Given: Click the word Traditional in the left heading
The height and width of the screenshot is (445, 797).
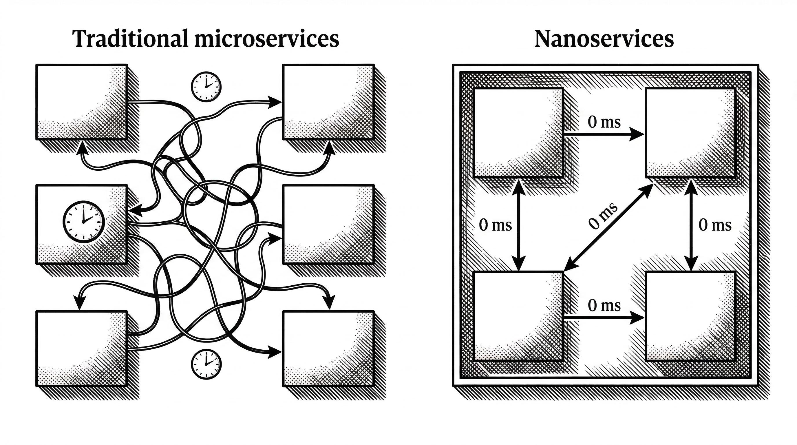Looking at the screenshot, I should point(130,39).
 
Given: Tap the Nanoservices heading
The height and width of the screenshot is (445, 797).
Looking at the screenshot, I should point(604,39).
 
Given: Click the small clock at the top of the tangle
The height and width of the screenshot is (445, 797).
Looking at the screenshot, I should point(206,87).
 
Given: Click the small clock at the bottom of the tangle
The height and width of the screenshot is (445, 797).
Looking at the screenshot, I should point(206,364).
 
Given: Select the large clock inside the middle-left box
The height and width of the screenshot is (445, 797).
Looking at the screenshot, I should point(83,222).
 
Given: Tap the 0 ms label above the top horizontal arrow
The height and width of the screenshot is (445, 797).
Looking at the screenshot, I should point(604,122).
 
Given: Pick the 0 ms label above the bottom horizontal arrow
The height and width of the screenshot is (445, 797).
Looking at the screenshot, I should point(604,305).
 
